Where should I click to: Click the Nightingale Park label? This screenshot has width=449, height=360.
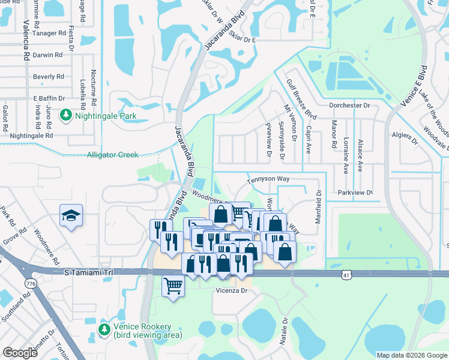[104, 116]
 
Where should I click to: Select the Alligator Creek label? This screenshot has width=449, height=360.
[112, 155]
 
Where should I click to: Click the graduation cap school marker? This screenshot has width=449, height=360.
[71, 216]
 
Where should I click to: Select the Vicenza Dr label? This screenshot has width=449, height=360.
[231, 290]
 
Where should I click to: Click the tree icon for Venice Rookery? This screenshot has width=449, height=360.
[104, 329]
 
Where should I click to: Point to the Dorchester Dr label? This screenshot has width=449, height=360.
[349, 105]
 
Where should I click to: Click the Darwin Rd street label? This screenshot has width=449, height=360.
[48, 55]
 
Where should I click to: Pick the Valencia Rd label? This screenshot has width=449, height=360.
[26, 41]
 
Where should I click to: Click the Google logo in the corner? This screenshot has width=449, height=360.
[20, 353]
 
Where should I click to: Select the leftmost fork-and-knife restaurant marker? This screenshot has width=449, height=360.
[160, 229]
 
